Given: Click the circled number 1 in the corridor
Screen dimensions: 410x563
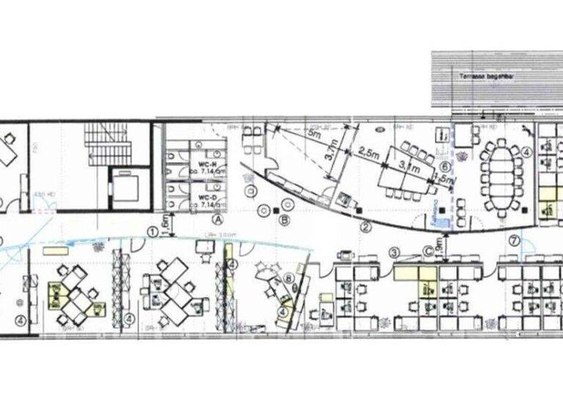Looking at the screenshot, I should (152, 231).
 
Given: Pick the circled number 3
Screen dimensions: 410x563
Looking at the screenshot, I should (394, 253).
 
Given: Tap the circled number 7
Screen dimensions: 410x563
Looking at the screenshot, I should (515, 240).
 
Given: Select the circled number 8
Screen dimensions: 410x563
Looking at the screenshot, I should (290, 277).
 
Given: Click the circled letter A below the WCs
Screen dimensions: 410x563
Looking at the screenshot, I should (218, 218).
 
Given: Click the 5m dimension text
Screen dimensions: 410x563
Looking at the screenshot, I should (315, 135).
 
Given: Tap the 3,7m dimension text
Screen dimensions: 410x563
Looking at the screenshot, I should (333, 154).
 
